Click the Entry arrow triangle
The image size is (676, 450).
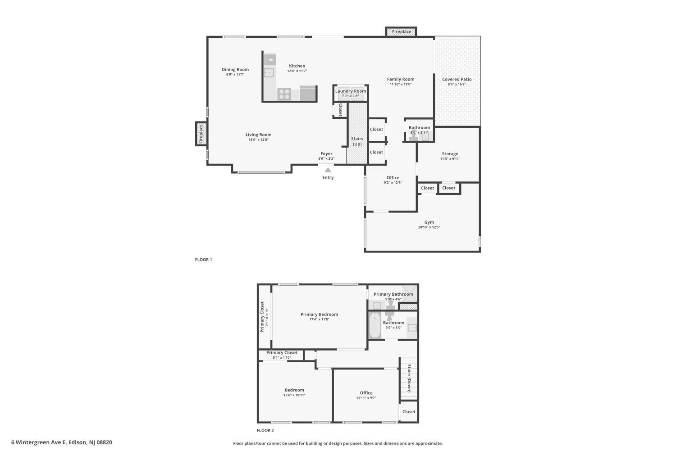point(328,170)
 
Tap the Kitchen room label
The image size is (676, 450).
point(297,66)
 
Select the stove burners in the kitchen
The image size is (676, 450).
point(284,94)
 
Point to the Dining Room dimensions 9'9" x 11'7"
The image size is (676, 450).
point(235,75)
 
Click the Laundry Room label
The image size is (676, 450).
point(351,91)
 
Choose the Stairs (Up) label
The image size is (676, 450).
point(357,141)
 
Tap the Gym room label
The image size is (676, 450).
point(429,222)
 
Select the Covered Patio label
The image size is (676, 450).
point(457,79)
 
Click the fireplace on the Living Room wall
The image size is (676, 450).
point(201,133)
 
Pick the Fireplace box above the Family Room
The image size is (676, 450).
point(401,31)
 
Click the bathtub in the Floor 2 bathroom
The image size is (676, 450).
point(375,326)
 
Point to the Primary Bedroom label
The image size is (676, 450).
point(319,314)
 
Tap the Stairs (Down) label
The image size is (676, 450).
point(409,378)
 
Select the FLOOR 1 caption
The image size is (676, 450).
point(203,260)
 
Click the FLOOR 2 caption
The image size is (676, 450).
point(265,430)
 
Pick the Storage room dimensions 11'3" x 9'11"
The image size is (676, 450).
point(450,159)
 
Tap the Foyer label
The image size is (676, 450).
point(326,153)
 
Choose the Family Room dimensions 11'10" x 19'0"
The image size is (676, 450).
point(401,84)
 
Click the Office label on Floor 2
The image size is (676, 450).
point(366,393)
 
